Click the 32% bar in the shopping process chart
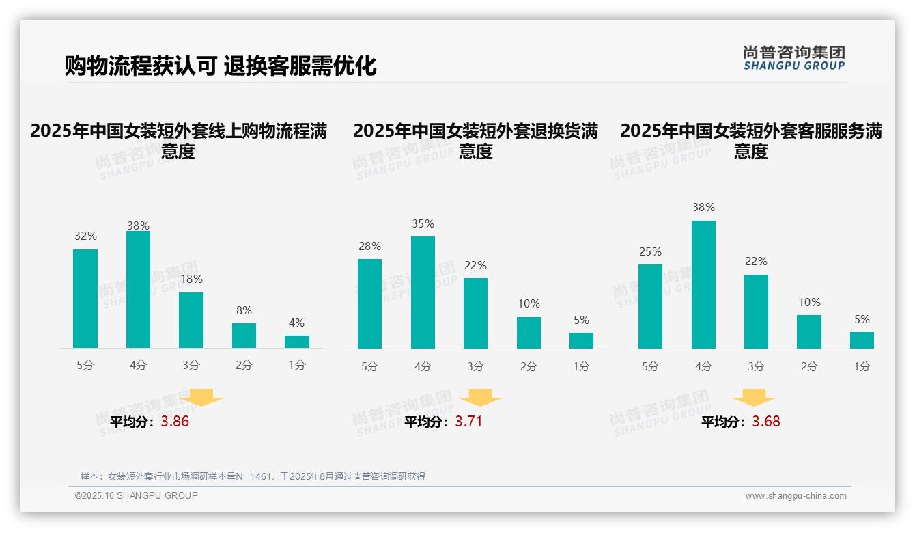(85, 299)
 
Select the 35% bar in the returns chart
(423, 292)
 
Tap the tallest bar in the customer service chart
(703, 284)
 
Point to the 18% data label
(191, 279)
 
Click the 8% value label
(244, 310)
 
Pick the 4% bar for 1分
(297, 342)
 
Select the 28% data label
(369, 246)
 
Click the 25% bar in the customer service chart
(650, 306)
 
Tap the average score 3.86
(175, 422)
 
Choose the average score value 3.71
(468, 422)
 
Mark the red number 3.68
(766, 422)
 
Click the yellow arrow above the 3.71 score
(480, 398)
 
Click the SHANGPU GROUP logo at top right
(794, 58)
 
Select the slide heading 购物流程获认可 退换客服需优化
(221, 66)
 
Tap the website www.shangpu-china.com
(796, 496)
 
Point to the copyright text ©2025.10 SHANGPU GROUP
(137, 495)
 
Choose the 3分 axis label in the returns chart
(475, 366)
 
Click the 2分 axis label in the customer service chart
(809, 366)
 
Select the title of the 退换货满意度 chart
(475, 141)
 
